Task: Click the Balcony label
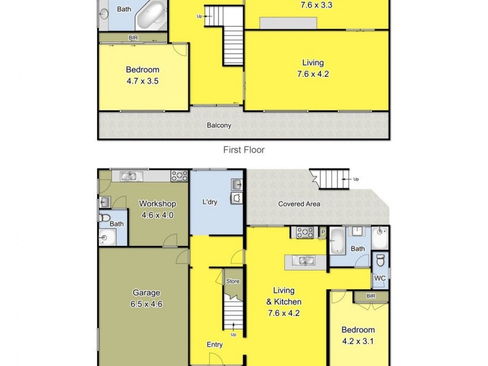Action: [x=218, y=125]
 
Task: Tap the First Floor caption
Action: [x=243, y=149]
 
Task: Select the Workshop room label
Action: [x=157, y=204]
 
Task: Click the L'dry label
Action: [x=210, y=203]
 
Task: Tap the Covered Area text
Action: [x=300, y=204]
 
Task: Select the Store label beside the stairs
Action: [x=233, y=281]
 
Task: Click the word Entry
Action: [x=215, y=345]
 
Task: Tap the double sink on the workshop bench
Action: [x=129, y=176]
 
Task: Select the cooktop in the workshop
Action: [x=179, y=176]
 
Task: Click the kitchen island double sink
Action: [x=303, y=261]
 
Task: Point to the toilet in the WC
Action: [x=380, y=261]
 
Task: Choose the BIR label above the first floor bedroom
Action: [x=133, y=38]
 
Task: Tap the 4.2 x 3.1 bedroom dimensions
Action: [x=358, y=341]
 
